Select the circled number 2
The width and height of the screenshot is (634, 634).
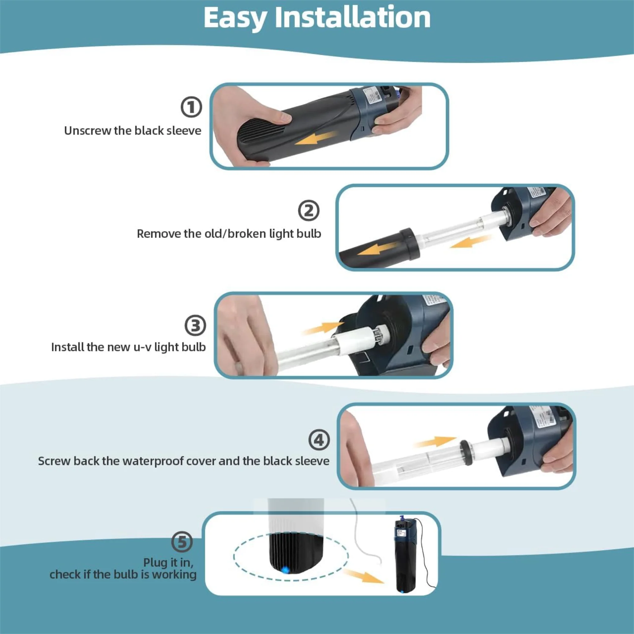(x=308, y=211)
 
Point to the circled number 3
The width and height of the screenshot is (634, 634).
(x=195, y=326)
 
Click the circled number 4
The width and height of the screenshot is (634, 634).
(x=319, y=440)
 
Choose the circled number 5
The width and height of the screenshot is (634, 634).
(x=182, y=542)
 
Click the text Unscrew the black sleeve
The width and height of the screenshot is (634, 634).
(x=133, y=131)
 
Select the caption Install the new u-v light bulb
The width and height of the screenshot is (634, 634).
(x=128, y=347)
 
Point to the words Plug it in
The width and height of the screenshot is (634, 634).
(x=168, y=562)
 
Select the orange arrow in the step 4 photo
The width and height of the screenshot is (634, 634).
(x=435, y=442)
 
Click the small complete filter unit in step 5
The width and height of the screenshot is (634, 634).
(x=406, y=554)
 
